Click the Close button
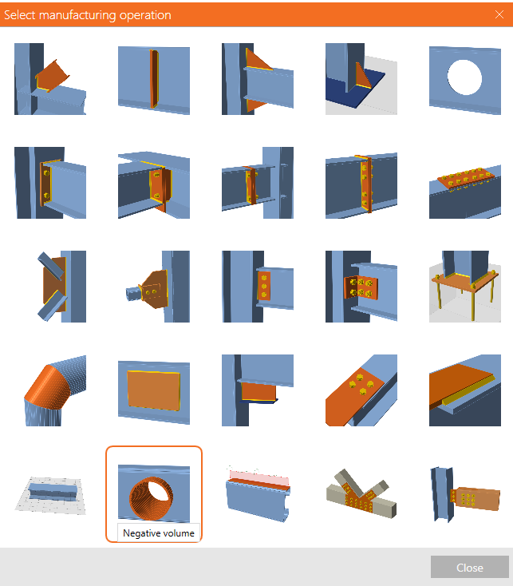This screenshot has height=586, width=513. (470, 568)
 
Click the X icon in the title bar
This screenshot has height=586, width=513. (499, 14)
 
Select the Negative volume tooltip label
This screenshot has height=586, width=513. (159, 533)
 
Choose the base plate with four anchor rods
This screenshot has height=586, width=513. (465, 287)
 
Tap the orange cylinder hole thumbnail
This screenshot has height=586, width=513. (154, 493)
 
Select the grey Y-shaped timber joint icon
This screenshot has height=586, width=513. (361, 493)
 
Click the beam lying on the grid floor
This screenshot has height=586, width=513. (50, 494)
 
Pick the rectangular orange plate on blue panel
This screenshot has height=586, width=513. (154, 390)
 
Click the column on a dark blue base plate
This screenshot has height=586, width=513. (361, 79)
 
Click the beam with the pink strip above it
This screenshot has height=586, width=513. (258, 493)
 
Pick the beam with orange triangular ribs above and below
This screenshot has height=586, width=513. (258, 79)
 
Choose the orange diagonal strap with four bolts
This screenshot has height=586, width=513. (361, 390)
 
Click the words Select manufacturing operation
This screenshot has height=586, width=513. (88, 15)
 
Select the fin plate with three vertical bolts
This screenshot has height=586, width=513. (258, 287)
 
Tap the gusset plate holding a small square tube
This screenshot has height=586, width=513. (154, 287)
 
